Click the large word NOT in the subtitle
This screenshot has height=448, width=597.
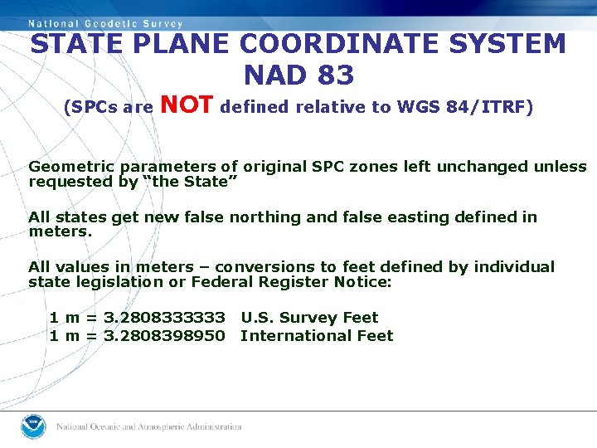188,105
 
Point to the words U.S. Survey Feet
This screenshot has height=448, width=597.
309,318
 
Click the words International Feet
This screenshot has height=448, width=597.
317,336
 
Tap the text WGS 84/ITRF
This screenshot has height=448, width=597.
466,107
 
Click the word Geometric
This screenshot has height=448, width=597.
68,167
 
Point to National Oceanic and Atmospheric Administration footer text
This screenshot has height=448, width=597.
148,426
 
